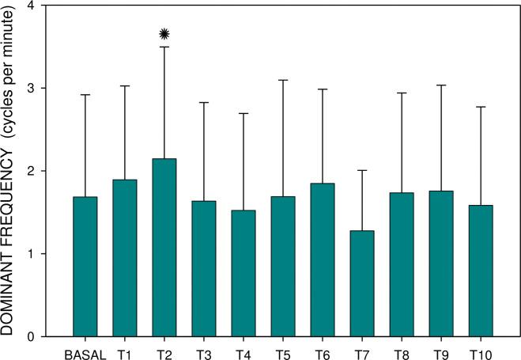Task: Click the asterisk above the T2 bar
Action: point(164,33)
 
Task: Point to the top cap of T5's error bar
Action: point(282,80)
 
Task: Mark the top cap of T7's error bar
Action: point(361,170)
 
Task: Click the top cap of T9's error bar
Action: point(440,85)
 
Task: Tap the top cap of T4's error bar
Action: point(243,113)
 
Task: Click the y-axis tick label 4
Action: point(51,6)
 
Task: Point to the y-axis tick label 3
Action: point(51,88)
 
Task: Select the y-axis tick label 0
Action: point(51,337)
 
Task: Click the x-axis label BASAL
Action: point(85,354)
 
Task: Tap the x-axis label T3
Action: point(203,354)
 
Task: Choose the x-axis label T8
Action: point(401,354)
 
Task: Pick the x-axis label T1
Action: point(124,354)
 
